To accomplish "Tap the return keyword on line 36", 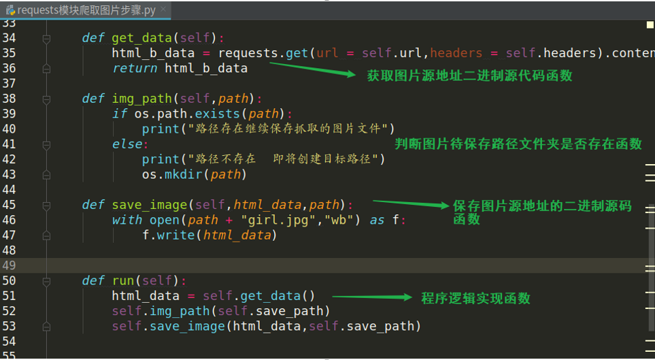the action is [135, 68].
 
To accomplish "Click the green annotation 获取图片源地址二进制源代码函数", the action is [469, 76].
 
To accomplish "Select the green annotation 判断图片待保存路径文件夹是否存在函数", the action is [518, 144].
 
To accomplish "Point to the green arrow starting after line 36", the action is [313, 69].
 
